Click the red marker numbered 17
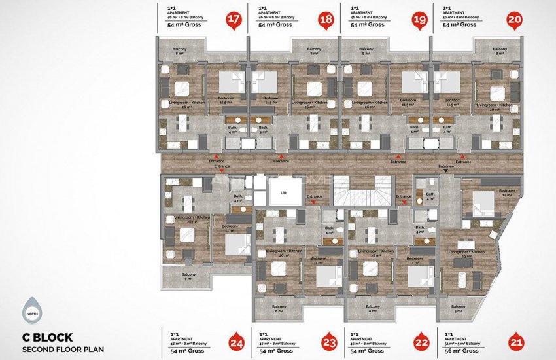[x=232, y=20]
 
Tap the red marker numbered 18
[x=325, y=20]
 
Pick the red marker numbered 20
[x=515, y=20]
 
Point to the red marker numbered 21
[x=516, y=341]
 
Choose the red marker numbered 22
[x=422, y=341]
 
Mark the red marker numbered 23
[x=329, y=341]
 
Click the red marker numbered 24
[x=236, y=341]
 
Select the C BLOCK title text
[x=47, y=338]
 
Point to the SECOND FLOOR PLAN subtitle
[x=63, y=350]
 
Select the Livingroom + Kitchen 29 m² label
[x=466, y=253]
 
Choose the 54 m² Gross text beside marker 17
[x=183, y=24]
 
